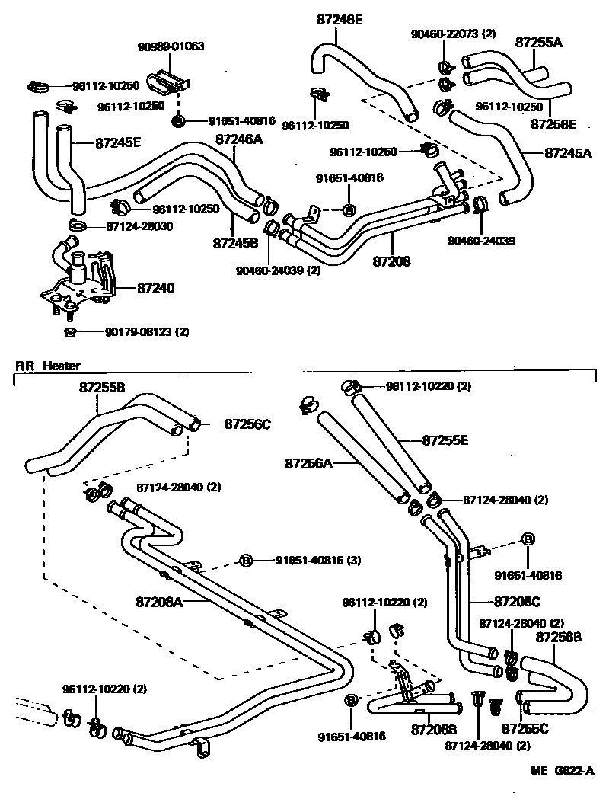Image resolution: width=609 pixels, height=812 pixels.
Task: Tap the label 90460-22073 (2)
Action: (x=453, y=34)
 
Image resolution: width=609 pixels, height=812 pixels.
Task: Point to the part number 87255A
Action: (x=539, y=43)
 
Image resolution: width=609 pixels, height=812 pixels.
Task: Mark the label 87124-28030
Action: (x=139, y=226)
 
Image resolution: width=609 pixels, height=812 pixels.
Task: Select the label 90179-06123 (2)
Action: (x=147, y=332)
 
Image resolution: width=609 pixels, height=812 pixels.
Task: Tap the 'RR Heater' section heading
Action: (x=48, y=366)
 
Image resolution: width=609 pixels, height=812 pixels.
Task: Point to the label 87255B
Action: (x=102, y=387)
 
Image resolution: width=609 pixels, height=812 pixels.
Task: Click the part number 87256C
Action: (x=247, y=424)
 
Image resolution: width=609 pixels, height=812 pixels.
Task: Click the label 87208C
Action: (x=517, y=601)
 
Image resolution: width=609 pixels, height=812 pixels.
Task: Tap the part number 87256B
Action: (x=560, y=636)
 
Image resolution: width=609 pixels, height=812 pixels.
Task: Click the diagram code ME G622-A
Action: (x=563, y=771)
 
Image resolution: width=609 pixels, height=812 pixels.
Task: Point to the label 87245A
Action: (x=568, y=152)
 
